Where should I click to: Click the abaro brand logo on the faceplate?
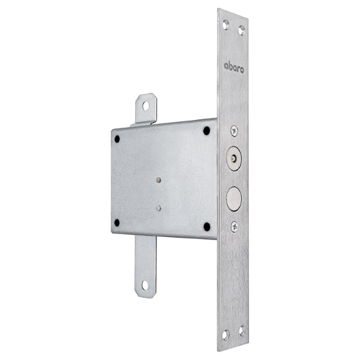click(234, 68)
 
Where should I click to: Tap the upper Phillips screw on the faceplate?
click(234, 131)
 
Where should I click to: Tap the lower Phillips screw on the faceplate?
click(234, 227)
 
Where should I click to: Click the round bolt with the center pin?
click(234, 158)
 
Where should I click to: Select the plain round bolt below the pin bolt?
click(234, 199)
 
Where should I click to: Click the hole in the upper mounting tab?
click(146, 106)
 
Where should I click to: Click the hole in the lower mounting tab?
click(145, 285)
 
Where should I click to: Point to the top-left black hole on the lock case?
click(117, 139)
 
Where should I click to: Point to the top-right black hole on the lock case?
click(206, 131)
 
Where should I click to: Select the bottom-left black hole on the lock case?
click(117, 223)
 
